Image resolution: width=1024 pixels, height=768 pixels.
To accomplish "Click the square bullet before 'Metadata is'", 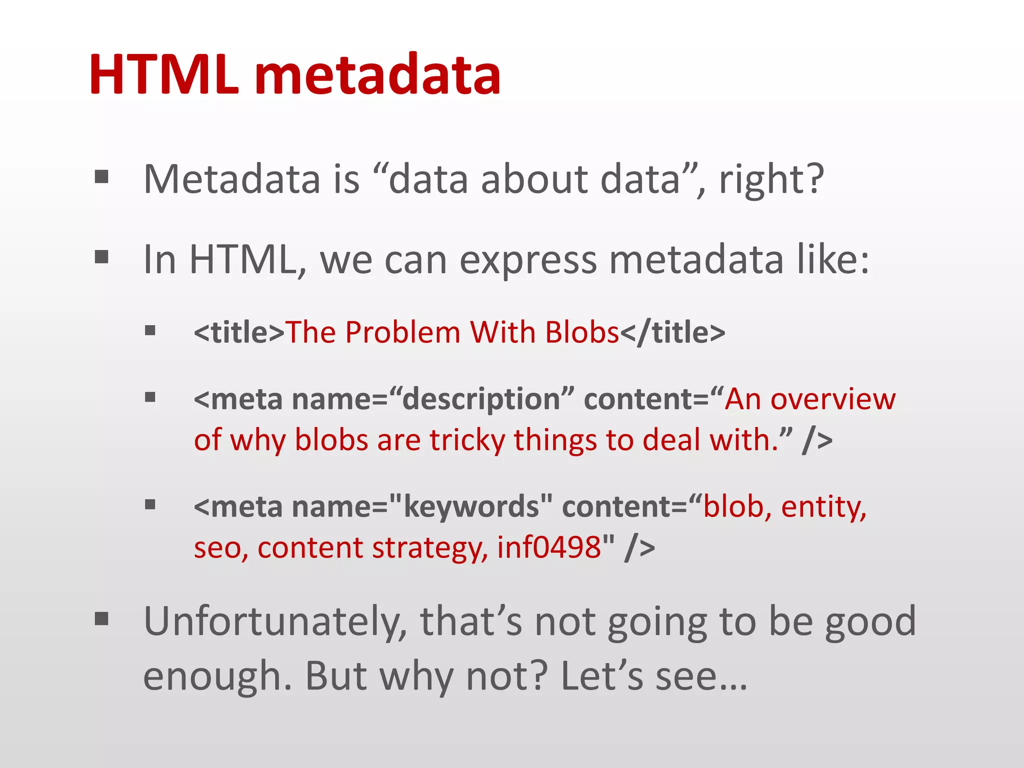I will coord(101,177).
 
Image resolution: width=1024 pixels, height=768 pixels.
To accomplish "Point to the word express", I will coord(528,260).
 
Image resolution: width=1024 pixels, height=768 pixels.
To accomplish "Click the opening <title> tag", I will coord(239,332).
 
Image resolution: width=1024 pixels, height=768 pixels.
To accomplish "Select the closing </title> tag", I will coord(672,332).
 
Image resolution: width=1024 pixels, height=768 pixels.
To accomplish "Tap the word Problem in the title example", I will coord(402,332).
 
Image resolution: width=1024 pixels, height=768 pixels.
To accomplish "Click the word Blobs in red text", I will coord(582,332).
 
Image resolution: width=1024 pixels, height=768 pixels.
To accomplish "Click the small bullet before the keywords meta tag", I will coord(150,504).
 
